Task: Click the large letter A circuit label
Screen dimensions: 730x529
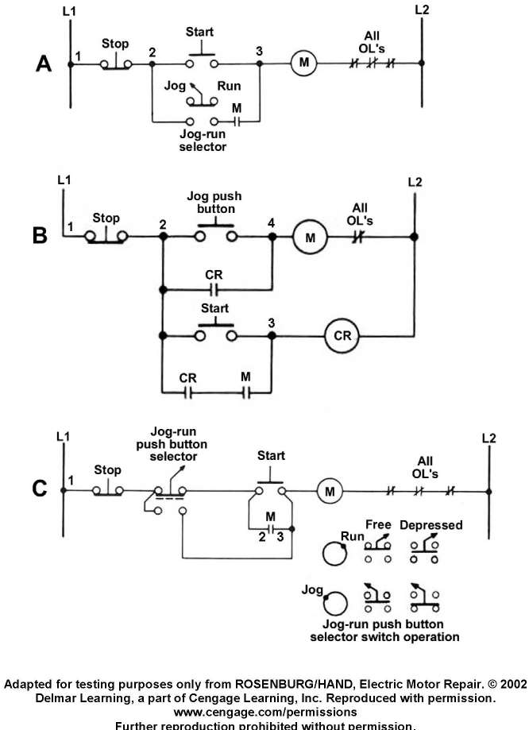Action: point(44,64)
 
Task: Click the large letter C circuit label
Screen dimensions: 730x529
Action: point(39,488)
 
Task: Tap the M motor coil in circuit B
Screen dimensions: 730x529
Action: point(311,236)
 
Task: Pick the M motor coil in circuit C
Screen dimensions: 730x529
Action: point(329,492)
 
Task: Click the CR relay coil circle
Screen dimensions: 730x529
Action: point(342,336)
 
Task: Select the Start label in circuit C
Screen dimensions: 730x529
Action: point(272,456)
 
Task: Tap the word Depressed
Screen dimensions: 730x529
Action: point(431,526)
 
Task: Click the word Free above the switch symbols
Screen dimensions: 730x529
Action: point(378,524)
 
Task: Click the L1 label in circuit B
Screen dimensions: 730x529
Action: point(65,181)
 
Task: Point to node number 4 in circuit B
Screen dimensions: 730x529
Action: point(272,222)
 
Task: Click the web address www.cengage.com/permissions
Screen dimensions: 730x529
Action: point(264,712)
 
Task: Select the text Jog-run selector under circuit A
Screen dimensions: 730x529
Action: point(203,141)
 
